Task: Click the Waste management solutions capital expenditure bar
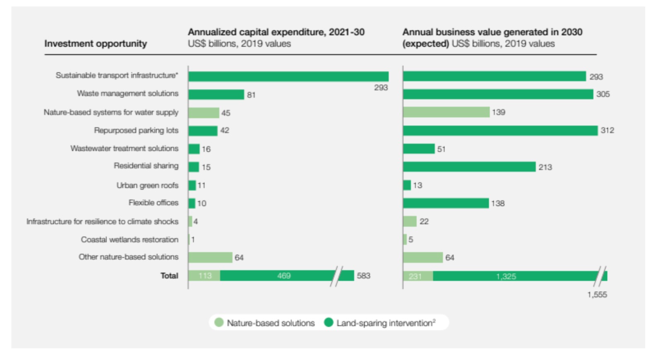click(216, 94)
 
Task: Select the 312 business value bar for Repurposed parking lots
click(500, 130)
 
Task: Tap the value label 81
click(251, 95)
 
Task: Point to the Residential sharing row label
click(146, 166)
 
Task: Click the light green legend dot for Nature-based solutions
click(219, 322)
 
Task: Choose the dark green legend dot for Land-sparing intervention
click(329, 322)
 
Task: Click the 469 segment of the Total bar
click(284, 276)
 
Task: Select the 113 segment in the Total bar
click(205, 276)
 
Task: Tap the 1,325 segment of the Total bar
click(506, 276)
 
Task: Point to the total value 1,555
click(597, 295)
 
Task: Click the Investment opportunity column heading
click(96, 43)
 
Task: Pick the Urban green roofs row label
click(147, 185)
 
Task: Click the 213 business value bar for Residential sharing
click(469, 167)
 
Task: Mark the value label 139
click(498, 112)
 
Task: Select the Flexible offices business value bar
click(446, 203)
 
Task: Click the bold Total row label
click(169, 275)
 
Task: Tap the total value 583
click(363, 275)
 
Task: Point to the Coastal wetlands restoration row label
click(129, 239)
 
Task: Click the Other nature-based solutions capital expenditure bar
click(210, 257)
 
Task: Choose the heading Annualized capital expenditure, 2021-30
click(276, 32)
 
